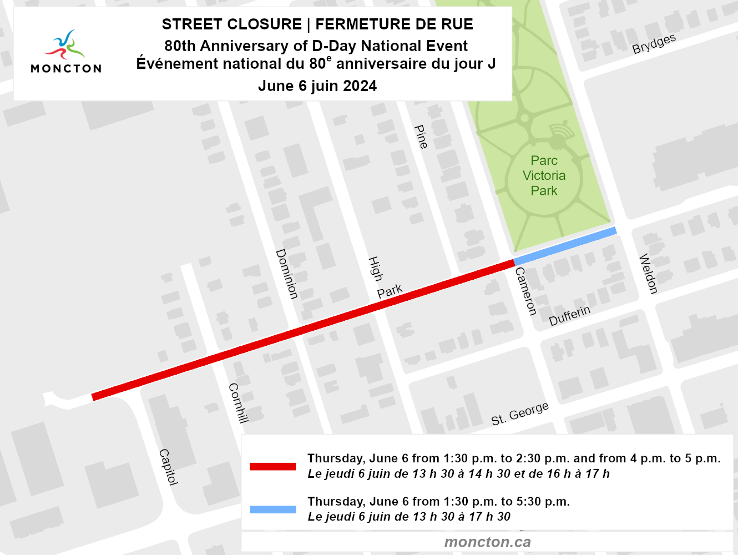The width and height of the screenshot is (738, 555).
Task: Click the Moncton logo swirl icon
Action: tap(65, 45)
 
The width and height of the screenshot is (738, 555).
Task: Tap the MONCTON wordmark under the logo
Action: tap(66, 68)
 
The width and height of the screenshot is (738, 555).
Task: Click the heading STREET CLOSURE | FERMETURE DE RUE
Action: tap(317, 24)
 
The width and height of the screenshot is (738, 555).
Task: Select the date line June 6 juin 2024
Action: tap(317, 86)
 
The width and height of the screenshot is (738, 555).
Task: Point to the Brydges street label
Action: tap(654, 44)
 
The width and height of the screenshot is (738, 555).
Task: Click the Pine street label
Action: tap(421, 137)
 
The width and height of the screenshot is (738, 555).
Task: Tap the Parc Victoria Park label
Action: tap(544, 175)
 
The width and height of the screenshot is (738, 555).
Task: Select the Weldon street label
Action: tap(648, 274)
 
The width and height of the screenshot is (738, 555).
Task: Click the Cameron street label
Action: tap(525, 291)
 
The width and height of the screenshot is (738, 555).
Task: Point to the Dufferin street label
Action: tap(569, 316)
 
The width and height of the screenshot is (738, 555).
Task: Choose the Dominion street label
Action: tap(287, 274)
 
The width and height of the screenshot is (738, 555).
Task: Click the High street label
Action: tap(376, 269)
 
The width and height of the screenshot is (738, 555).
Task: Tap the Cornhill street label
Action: tap(238, 403)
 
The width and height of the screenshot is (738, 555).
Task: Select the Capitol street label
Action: tap(168, 467)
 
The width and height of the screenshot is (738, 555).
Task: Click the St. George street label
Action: tap(520, 414)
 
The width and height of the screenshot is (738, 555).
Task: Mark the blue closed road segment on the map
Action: tap(565, 246)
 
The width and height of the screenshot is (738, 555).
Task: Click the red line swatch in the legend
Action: tap(272, 466)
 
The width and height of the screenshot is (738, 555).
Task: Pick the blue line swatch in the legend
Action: tap(272, 509)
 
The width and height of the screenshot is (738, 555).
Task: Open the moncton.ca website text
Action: tap(487, 542)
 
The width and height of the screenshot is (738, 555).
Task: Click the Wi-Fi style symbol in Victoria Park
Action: tap(561, 132)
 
